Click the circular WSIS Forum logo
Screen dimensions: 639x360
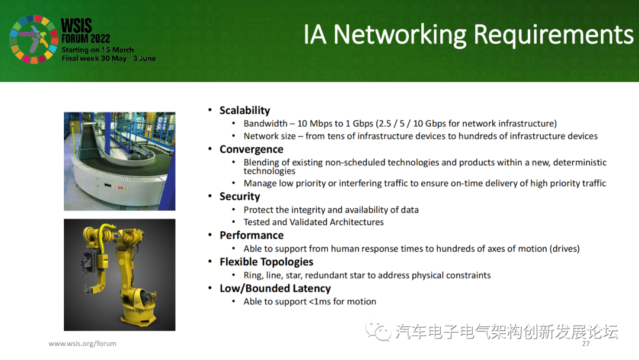click(x=34, y=39)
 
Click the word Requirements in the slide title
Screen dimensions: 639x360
click(x=553, y=35)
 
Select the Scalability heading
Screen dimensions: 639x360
click(x=244, y=111)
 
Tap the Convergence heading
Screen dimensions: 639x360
click(x=251, y=150)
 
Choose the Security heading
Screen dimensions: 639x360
click(x=240, y=197)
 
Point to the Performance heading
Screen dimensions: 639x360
click(x=251, y=235)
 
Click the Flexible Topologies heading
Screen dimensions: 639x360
click(x=266, y=262)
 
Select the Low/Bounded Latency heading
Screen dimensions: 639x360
click(x=275, y=288)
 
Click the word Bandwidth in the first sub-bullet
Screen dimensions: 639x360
click(x=265, y=124)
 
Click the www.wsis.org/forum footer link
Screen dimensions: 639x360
click(x=82, y=343)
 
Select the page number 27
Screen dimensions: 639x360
click(x=586, y=343)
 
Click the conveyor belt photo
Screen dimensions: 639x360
click(x=120, y=162)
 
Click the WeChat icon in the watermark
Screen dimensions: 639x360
click(x=377, y=331)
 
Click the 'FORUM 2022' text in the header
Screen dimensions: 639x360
click(x=86, y=38)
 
